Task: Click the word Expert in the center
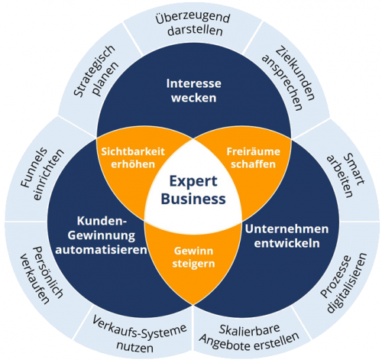193,182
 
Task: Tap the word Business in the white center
193,199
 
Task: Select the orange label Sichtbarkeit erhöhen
133,158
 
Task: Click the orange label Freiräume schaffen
254,158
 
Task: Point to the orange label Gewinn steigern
193,258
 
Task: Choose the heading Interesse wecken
194,91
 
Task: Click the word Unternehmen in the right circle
287,229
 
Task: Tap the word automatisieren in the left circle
102,250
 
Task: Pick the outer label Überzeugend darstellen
193,24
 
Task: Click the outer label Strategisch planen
96,72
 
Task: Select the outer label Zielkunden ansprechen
289,78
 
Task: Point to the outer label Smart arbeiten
346,175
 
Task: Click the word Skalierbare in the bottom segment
249,329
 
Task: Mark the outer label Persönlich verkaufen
41,275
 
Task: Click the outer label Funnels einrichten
42,174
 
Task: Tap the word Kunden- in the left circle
102,221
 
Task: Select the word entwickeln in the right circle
287,243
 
